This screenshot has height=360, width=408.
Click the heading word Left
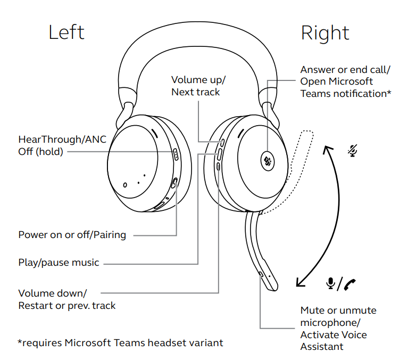pos(66,32)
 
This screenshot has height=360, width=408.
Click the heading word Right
pos(325,33)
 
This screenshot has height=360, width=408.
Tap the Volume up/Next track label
pos(198,86)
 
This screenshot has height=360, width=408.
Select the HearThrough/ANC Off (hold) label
pos(62,145)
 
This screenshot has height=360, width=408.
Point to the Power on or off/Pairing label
pos(72,235)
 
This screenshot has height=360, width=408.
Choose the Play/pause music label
pos(59,263)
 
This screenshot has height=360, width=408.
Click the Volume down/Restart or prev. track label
pos(66,299)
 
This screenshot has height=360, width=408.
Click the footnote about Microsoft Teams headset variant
pos(120,343)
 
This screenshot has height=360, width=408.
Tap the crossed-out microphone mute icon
pos(352,151)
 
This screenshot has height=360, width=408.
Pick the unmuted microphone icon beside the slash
pos(330,284)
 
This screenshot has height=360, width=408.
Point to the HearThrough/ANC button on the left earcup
pos(176,154)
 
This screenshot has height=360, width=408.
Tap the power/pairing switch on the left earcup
pos(175,183)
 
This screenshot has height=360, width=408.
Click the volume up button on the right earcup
pos(222,142)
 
